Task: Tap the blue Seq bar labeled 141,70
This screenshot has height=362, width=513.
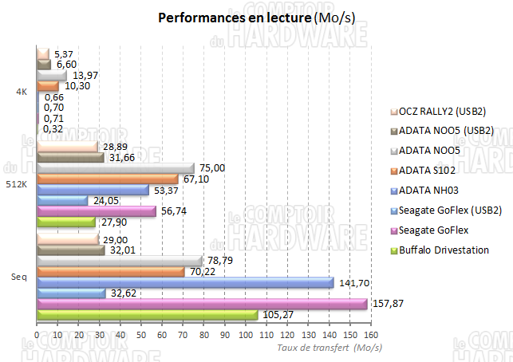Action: pyautogui.click(x=184, y=282)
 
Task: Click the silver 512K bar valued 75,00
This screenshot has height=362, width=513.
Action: pyautogui.click(x=115, y=168)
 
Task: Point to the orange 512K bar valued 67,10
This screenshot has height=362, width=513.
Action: pyautogui.click(x=107, y=179)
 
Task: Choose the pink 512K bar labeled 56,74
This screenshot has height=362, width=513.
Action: pyautogui.click(x=96, y=211)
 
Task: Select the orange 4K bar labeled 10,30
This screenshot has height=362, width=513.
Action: pyautogui.click(x=47, y=85)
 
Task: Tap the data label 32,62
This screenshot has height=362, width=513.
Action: pyautogui.click(x=121, y=293)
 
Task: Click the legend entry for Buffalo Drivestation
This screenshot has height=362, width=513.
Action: pyautogui.click(x=448, y=250)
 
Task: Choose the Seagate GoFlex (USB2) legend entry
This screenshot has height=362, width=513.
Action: pyautogui.click(x=452, y=211)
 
